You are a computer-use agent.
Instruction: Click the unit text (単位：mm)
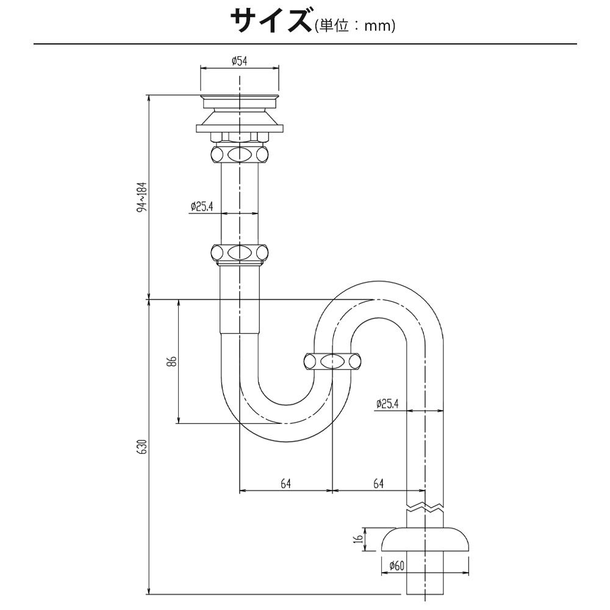355,26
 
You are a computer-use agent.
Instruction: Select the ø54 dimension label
239,60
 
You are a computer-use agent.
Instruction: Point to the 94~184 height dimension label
143,196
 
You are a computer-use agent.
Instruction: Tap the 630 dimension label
143,447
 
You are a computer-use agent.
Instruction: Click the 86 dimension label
173,361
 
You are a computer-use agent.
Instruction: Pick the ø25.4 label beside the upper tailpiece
202,206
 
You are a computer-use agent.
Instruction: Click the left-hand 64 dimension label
285,484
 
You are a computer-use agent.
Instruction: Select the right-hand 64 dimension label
378,484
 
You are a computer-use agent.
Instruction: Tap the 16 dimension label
359,539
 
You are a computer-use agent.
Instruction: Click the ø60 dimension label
396,565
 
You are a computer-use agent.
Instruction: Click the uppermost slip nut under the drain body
239,154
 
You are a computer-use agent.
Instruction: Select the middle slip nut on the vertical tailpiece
239,253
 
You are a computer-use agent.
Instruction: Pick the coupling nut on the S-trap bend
332,361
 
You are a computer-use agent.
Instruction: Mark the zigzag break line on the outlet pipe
425,508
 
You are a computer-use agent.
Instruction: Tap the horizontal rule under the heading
305,44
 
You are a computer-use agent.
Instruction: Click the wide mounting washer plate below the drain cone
240,128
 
